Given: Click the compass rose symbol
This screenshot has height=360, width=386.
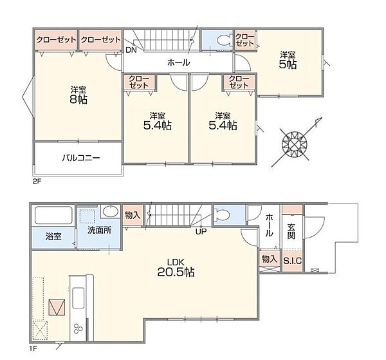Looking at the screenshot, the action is point(295,144).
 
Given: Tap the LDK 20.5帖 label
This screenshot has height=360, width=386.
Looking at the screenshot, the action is point(176,268).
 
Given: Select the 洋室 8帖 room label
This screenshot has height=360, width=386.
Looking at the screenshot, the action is point(78,95).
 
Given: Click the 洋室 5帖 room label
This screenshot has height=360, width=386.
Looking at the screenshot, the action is point(288,61).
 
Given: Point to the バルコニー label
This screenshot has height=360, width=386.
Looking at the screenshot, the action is point(81,158).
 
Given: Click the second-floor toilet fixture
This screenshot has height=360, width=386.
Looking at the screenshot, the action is point(224,40).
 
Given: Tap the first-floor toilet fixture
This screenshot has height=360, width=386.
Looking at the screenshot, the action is point(221,214).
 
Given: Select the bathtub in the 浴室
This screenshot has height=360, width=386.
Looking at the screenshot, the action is point(53,215).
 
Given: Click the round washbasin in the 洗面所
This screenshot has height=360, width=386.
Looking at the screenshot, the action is point(111,212).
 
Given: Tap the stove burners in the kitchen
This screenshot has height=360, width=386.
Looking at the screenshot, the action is point(78,328).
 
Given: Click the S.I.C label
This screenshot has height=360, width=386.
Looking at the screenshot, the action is point(293,261).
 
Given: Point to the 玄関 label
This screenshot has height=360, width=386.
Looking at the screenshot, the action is point(291,231).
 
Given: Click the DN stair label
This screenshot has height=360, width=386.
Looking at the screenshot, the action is point(131,50).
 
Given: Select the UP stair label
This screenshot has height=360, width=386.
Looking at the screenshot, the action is point(201,231).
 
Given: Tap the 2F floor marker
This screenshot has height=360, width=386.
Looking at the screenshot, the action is point(37,182).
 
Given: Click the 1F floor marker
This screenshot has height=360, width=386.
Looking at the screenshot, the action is point(33,348).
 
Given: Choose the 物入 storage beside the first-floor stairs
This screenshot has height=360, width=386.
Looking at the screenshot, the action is point(133,215).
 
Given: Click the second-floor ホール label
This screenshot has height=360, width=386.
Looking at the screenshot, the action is point(178,62).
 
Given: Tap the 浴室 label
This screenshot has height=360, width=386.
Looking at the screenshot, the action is point(53,236).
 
